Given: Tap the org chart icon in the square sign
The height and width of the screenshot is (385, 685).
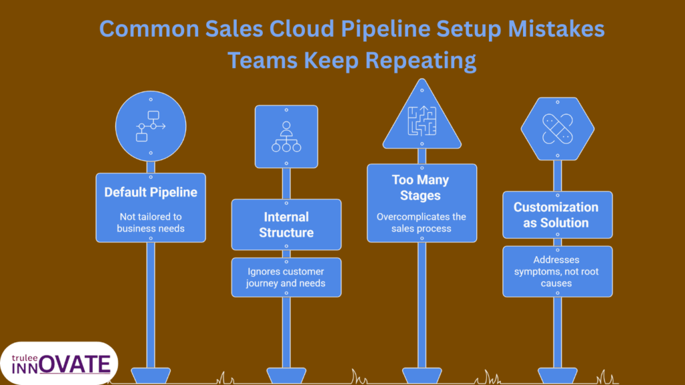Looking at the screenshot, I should pos(286,136).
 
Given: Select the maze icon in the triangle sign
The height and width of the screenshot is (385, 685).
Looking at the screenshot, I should pos(421,120).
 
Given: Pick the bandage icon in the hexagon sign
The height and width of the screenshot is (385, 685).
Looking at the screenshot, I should pos(557,129).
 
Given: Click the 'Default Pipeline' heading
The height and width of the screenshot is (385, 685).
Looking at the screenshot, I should pos(151,192).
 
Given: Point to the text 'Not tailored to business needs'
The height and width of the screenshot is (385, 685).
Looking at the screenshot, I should pos(151,222).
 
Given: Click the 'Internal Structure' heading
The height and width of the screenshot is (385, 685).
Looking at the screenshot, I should pos(286,225).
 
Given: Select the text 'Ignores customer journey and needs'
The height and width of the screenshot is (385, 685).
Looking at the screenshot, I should pos(286,277).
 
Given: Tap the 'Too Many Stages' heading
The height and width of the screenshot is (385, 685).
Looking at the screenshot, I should pos(421,188).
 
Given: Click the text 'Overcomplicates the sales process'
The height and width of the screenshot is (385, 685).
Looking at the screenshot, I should pos(421,223).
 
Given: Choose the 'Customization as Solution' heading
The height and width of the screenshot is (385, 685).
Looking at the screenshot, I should pos(557,215).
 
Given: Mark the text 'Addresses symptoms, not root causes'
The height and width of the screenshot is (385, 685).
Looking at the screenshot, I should pos(557,271).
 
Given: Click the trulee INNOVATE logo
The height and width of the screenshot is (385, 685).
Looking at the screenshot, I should pos(60,363).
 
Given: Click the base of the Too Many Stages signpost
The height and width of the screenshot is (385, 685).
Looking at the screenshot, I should pos(421,375).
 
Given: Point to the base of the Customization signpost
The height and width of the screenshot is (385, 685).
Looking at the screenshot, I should pos(557,375).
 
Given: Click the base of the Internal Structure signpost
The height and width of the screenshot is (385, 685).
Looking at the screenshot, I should pos(286,375).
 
